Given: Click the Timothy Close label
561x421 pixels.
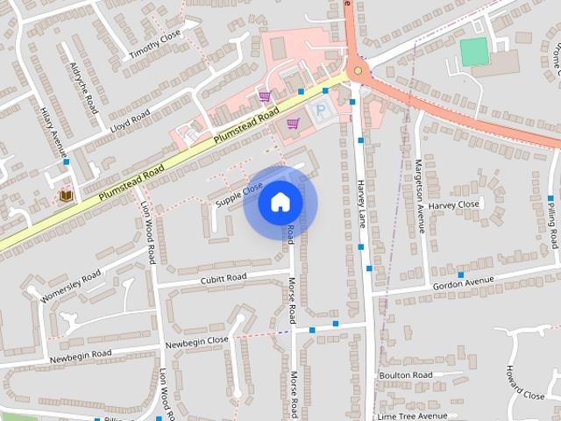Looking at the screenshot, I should [155, 43].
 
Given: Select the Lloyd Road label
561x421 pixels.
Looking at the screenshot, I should [130, 120].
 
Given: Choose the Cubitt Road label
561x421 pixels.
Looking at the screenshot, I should [224, 278].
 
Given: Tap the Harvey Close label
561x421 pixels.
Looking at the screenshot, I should [454, 205].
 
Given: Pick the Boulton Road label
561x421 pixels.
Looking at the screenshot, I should [406, 375].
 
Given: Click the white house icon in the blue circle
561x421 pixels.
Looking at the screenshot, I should [280, 203].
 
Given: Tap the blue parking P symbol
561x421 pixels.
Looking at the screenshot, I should [322, 111].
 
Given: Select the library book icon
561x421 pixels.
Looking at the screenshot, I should [65, 196].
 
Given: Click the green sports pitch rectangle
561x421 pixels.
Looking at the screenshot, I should [474, 52].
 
